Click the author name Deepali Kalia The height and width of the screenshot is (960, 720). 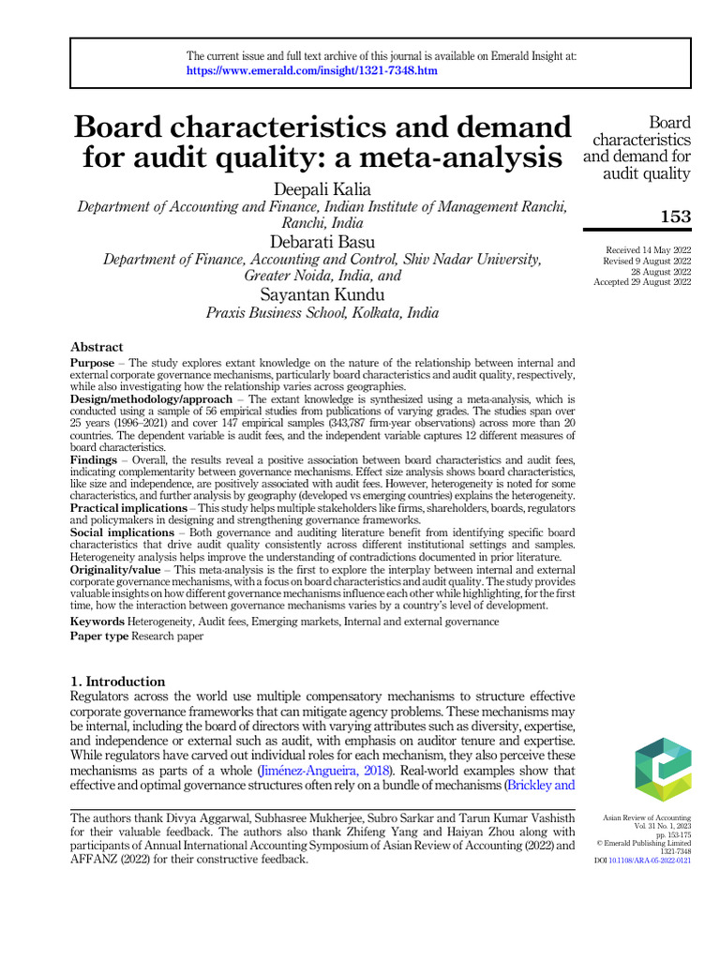coord(322,190)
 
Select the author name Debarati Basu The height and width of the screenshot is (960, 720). coord(322,242)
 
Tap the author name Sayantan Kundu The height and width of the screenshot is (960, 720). coord(322,294)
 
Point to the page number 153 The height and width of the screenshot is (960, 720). coord(675,217)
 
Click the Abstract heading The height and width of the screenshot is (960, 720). coord(97,347)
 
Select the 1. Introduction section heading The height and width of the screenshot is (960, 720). coord(118,682)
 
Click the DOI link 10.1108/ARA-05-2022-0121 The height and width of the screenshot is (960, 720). coord(649,860)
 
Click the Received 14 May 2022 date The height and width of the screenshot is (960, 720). coord(649,249)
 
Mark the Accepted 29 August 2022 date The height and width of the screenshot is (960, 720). coord(642,281)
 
